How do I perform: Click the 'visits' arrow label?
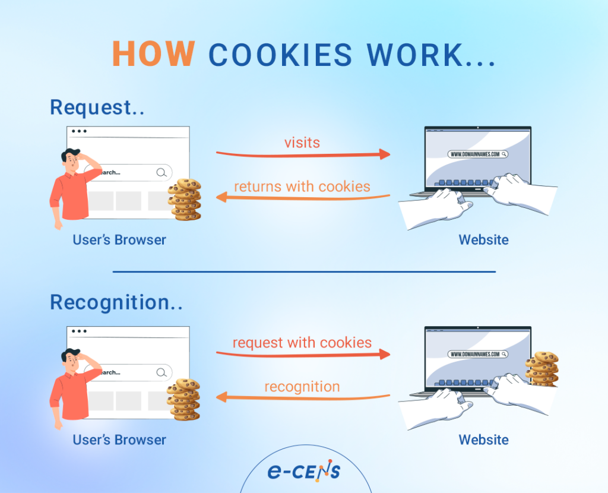point(302,143)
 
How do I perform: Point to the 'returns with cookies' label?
point(302,187)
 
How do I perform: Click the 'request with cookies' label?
point(302,343)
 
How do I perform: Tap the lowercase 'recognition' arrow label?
point(302,387)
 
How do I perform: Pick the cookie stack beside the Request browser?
point(185,200)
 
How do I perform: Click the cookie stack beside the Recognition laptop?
point(541,369)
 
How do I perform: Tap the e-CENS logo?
point(303,472)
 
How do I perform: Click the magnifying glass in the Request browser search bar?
point(161,172)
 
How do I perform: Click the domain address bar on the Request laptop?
point(477,154)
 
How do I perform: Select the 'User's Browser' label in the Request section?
point(119,240)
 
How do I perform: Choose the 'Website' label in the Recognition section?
point(483,440)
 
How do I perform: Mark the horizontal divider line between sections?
point(303,271)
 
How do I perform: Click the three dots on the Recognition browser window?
point(79,331)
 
